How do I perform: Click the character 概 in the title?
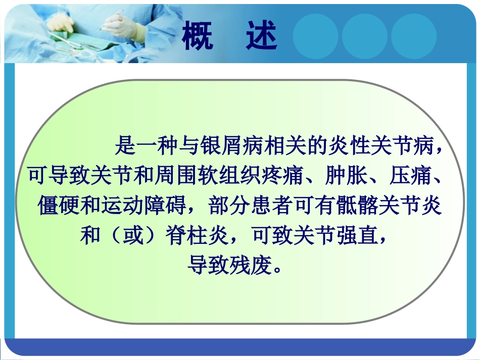[198, 36]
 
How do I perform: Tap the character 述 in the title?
[262, 36]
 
